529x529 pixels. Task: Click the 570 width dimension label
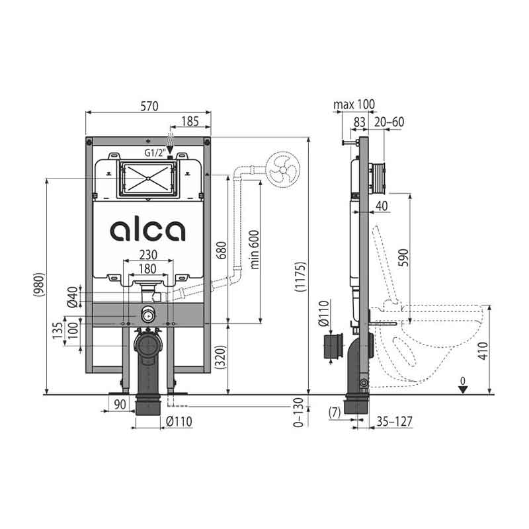pos(149,106)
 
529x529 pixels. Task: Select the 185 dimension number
pos(190,122)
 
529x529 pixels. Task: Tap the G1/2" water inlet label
pos(155,153)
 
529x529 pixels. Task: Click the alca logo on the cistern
pos(147,231)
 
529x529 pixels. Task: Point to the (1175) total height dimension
pos(300,276)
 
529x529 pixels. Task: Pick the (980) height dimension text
pos(39,284)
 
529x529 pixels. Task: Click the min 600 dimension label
pos(255,250)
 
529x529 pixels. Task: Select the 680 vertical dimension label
pos(222,251)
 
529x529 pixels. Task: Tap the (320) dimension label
pos(221,357)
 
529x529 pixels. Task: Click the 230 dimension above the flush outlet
pos(148,255)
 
